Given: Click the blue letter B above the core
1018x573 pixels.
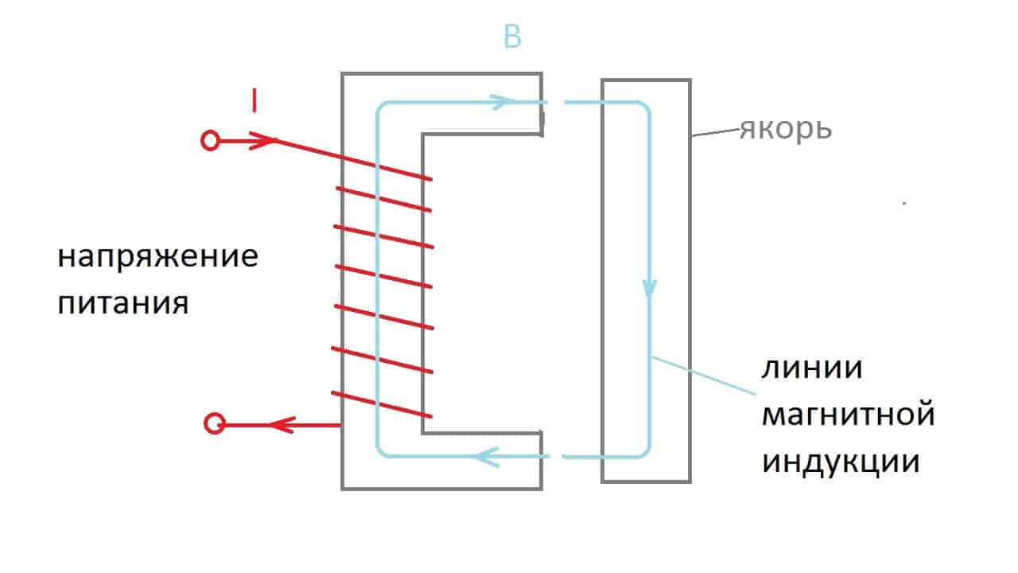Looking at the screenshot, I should [x=513, y=37].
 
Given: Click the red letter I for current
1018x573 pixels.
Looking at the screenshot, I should [x=253, y=101].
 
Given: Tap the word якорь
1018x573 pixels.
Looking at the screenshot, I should [x=786, y=129].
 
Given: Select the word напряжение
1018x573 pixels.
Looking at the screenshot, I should [x=158, y=259].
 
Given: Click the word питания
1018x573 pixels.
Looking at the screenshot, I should [x=123, y=303].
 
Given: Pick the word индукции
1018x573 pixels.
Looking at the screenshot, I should [x=841, y=462].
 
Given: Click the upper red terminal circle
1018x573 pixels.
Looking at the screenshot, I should [x=209, y=142].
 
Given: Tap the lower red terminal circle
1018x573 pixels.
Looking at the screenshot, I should [x=214, y=424].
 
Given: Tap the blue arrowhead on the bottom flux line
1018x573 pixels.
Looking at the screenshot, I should [x=487, y=456].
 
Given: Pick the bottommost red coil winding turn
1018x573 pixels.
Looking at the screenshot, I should [x=382, y=405].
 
